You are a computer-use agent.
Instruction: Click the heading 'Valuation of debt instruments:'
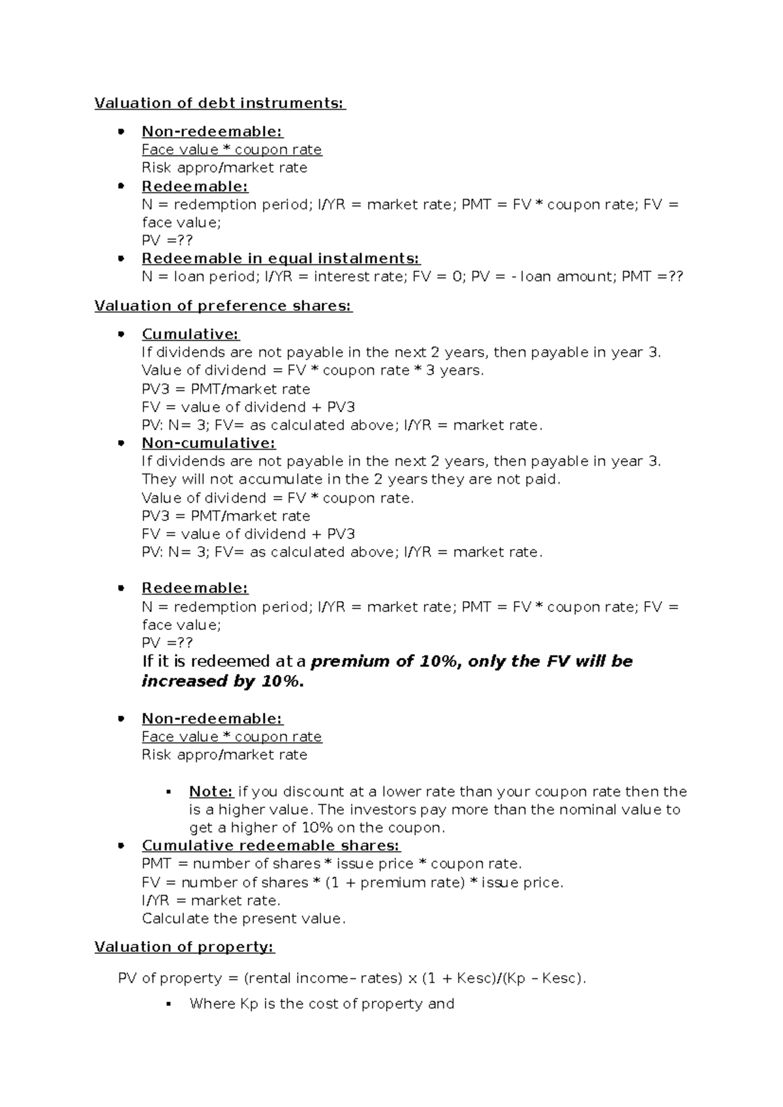pyautogui.click(x=220, y=103)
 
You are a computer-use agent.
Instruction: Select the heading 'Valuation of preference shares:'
pyautogui.click(x=223, y=306)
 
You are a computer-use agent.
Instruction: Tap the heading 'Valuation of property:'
pyautogui.click(x=184, y=947)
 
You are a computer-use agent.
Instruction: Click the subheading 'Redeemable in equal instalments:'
pyautogui.click(x=281, y=258)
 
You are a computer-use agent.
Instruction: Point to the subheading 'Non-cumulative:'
pyautogui.click(x=208, y=443)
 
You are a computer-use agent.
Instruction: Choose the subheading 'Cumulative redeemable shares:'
pyautogui.click(x=271, y=846)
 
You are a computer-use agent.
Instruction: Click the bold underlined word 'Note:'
pyautogui.click(x=211, y=792)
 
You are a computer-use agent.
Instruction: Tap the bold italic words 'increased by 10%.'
pyautogui.click(x=223, y=681)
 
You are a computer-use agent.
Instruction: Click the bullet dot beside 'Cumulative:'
pyautogui.click(x=120, y=335)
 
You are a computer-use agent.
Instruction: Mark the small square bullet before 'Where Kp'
pyautogui.click(x=168, y=1005)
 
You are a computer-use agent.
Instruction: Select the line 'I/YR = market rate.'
pyautogui.click(x=211, y=901)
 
